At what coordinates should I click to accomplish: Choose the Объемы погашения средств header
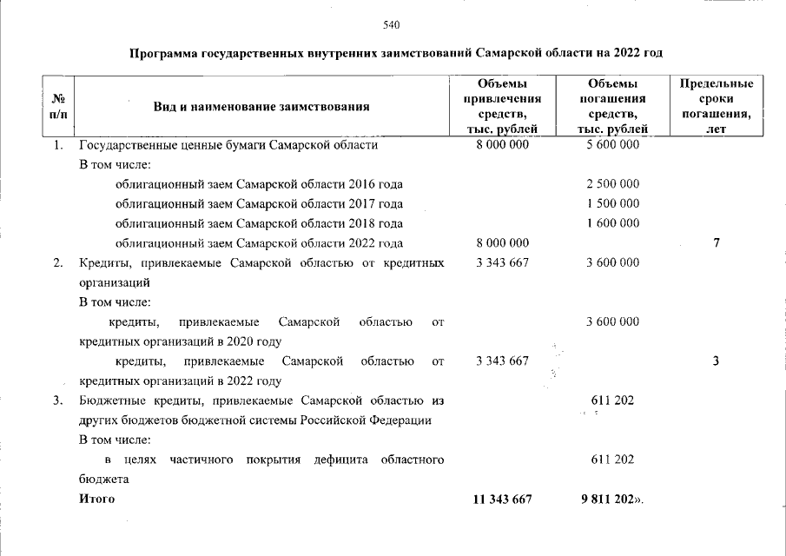[612, 106]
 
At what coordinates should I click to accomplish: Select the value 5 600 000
[612, 145]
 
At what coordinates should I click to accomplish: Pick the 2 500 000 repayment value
[612, 184]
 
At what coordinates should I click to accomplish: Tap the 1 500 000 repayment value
[612, 203]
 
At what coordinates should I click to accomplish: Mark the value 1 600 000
[612, 223]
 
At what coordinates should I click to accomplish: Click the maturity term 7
[716, 243]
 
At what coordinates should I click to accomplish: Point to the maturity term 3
[716, 361]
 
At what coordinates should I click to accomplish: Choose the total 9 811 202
[610, 500]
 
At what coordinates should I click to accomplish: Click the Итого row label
[96, 500]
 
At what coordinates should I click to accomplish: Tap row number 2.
[57, 262]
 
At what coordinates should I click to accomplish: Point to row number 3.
[57, 400]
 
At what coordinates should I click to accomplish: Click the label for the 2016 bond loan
[259, 184]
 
